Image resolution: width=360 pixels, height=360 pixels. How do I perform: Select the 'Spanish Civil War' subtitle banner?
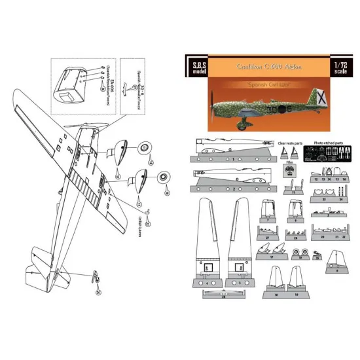(268, 86)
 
